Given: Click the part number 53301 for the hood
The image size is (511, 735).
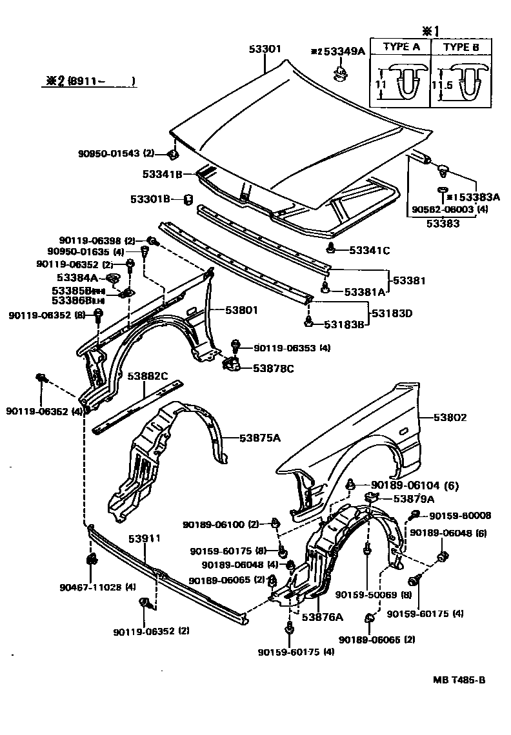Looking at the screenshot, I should point(265,49).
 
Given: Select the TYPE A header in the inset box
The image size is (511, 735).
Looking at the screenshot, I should point(401,47).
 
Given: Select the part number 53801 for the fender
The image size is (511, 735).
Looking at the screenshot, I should point(241,310).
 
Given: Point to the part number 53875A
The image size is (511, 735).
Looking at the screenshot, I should point(260,438).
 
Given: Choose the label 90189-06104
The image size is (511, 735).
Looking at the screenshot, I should point(406,485).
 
